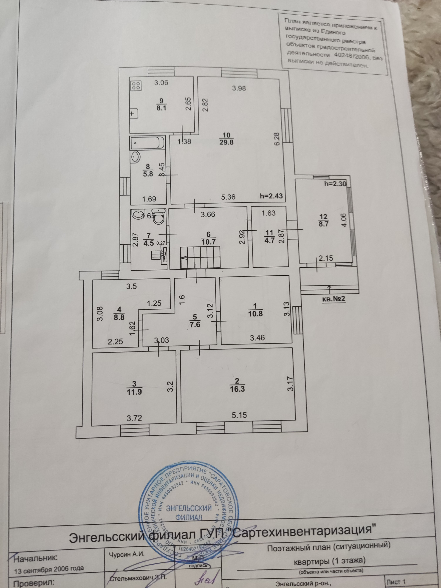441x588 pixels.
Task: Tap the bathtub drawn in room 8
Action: click(147, 143)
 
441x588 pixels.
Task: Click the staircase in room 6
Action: click(201, 257)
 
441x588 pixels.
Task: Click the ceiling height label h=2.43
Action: click(271, 196)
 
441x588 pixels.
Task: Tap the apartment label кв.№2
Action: click(333, 299)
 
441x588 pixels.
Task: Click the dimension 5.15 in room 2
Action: click(239, 414)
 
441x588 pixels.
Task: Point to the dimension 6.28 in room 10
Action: click(277, 139)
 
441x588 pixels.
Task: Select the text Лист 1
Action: click(397, 580)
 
